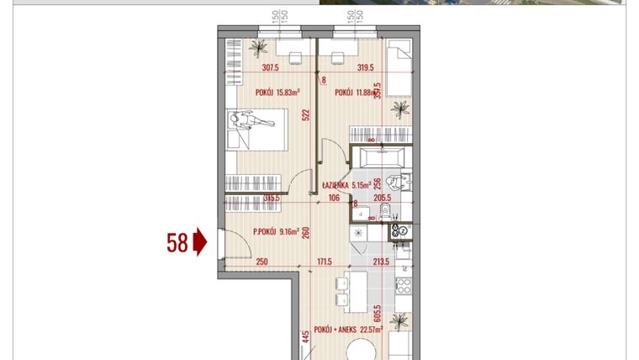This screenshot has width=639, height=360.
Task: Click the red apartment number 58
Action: click(177, 243)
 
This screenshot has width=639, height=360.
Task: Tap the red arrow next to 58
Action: click(200, 243)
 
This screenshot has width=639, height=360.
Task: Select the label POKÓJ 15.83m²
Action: click(277, 93)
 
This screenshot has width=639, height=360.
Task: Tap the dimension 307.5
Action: click(271, 69)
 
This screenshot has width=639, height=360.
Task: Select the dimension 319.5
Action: click(365, 69)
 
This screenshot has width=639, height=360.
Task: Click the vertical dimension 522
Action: click(307, 115)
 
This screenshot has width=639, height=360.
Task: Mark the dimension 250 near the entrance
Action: click(261, 262)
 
